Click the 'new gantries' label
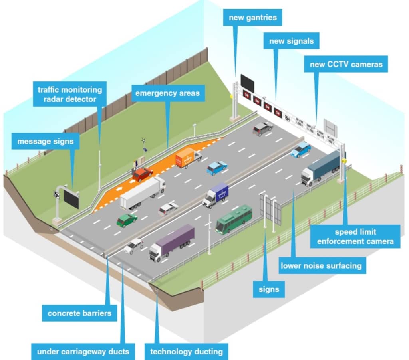pos(252,18)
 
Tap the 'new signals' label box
pos(291,41)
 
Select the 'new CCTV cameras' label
pos(346,64)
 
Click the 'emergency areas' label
pos(167,93)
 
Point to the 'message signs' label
pos(46,141)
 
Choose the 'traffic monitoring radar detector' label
pos(69,94)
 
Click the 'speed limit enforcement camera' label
pos(355,236)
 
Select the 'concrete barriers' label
pos(79,313)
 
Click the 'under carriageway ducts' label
pos(83,351)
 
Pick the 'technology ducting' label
pos(187,351)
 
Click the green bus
pos(234,218)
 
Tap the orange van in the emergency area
pos(189,157)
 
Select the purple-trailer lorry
pos(172,242)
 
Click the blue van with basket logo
pos(215,195)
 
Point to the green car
pos(127,220)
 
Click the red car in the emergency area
pos(142,174)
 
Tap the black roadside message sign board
pos(71,199)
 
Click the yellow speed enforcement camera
pos(344,161)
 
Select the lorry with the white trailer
pos(143,193)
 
